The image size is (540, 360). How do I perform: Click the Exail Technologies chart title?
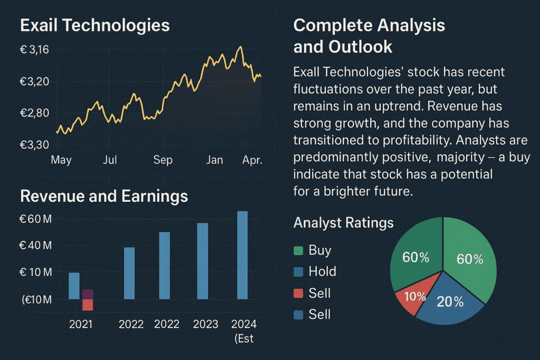pos(95,25)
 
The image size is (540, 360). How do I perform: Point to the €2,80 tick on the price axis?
pos(34,113)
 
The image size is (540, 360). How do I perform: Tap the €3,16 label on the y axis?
pos(34,50)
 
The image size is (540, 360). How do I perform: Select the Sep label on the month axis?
pos(162,160)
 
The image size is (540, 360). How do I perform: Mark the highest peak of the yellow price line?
pos(240,47)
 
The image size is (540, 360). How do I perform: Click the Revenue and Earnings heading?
pos(104,197)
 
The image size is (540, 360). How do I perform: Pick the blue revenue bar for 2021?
pos(74,285)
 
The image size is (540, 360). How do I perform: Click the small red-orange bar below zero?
pos(88,305)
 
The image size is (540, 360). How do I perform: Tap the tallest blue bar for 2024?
pos(242,255)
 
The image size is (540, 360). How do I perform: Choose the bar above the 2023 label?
pos(202,261)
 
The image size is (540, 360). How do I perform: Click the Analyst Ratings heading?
pos(343,223)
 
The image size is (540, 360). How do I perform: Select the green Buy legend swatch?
pos(298,250)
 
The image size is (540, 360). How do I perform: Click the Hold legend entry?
pos(322,271)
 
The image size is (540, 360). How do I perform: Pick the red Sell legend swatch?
pos(298,294)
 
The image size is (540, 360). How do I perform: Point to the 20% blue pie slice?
pos(450,303)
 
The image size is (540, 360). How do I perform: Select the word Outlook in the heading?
pos(360,46)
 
